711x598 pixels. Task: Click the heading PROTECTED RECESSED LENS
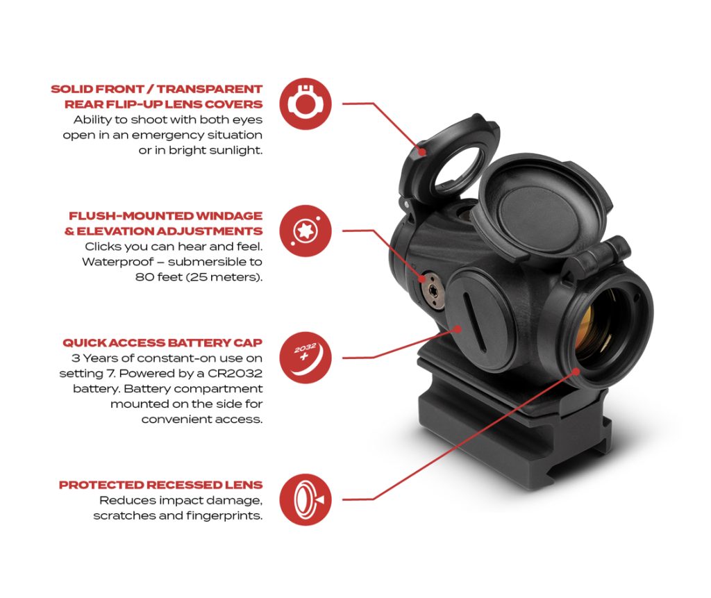point(160,485)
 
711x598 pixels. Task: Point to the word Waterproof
point(115,262)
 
